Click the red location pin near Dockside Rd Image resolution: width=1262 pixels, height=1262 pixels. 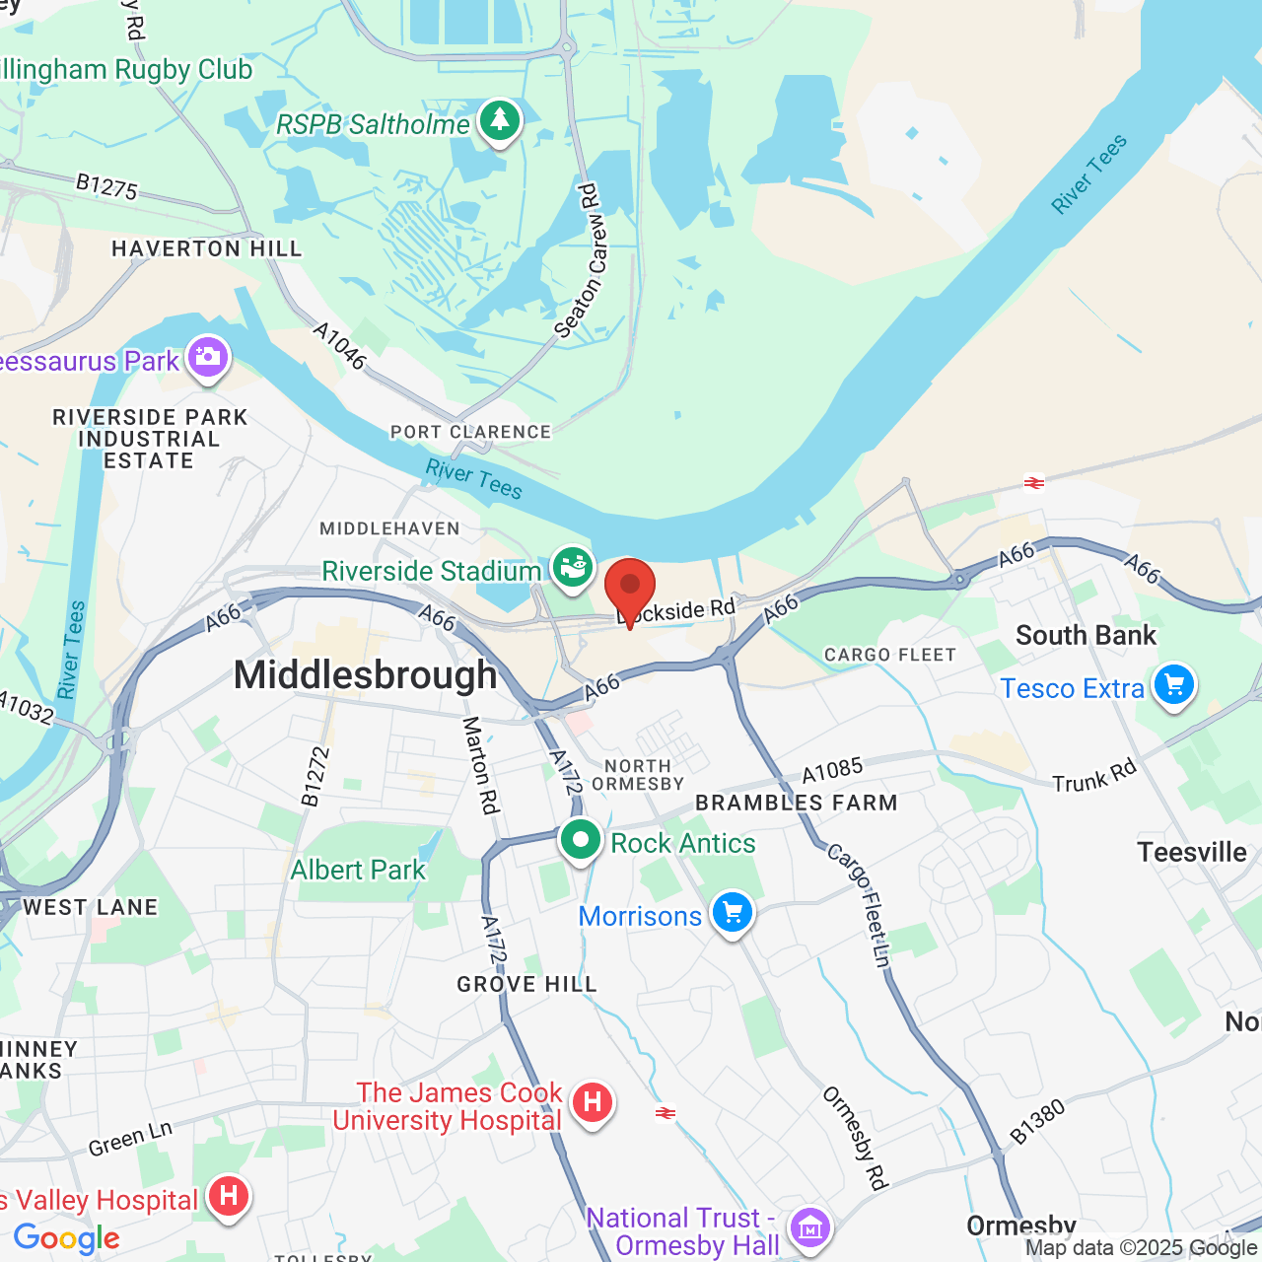pos(629,588)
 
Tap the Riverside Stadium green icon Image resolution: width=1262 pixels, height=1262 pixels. pos(572,568)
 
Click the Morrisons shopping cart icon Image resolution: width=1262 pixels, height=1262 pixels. pos(732,913)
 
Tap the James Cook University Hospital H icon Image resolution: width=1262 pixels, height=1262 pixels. pos(592,1101)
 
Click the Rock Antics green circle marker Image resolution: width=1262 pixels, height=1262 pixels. pos(581,841)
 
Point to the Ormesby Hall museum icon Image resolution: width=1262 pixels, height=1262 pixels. pos(810,1228)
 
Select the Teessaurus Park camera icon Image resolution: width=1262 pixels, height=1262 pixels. pos(207,357)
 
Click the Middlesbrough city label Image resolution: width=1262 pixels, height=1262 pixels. pos(366,675)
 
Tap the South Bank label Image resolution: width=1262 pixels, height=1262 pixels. pos(1086,636)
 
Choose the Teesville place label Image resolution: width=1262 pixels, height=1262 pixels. pos(1192,852)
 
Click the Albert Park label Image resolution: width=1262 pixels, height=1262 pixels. pos(358,870)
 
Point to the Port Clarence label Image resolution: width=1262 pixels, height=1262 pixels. pos(470,432)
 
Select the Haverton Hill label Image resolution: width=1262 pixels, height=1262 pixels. pos(207,248)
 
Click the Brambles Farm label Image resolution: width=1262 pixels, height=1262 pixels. pos(797,803)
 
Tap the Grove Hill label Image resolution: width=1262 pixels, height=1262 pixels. pos(526,984)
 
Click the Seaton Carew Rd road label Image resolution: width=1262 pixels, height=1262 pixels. pos(582,262)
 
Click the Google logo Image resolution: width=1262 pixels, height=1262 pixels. pos(67,1238)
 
